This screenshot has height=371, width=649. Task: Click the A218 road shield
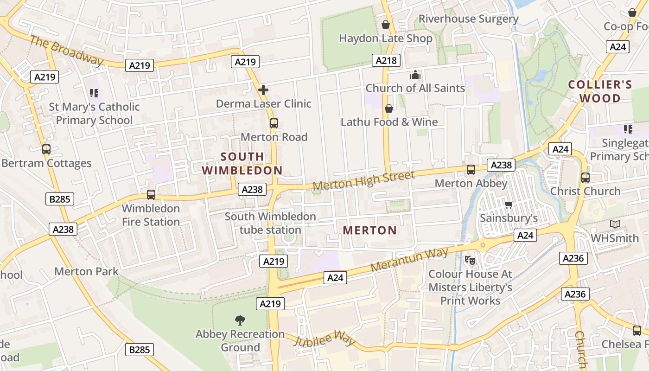click(386, 60)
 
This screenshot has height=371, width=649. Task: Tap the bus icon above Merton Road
click(274, 123)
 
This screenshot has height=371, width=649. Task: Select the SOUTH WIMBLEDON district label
click(242, 163)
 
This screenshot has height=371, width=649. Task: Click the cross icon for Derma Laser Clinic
click(263, 90)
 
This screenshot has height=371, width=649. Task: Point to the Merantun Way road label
click(409, 260)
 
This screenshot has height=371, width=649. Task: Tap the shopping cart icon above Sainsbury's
click(509, 205)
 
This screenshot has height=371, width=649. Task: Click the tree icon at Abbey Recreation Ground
click(240, 320)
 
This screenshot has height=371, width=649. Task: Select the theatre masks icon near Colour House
click(470, 260)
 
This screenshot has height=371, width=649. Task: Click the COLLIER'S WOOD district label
click(600, 91)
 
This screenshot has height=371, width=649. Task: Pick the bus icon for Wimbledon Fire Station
click(151, 195)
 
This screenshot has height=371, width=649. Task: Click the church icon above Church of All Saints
click(415, 75)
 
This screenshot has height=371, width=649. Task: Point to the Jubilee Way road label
click(324, 339)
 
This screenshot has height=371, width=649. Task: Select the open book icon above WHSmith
click(615, 224)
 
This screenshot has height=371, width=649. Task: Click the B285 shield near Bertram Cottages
click(60, 199)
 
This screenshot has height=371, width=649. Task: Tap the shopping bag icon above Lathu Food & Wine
click(389, 109)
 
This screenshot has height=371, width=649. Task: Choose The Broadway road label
click(66, 50)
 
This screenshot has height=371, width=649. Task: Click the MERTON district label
click(370, 230)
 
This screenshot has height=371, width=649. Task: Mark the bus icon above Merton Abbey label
click(471, 170)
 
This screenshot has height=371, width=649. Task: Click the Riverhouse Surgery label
click(468, 19)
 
